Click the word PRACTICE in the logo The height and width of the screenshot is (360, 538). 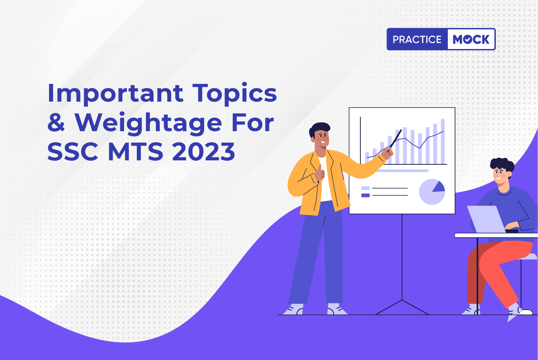pyautogui.click(x=417, y=39)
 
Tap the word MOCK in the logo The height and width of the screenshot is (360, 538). pyautogui.click(x=471, y=39)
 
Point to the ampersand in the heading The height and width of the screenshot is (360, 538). pyautogui.click(x=56, y=122)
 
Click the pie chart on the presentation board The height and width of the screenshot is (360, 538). pyautogui.click(x=432, y=192)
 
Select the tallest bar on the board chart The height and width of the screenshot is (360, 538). pyautogui.click(x=443, y=142)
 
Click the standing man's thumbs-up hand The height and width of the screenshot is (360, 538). pyautogui.click(x=319, y=173)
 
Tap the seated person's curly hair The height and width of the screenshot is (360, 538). pyautogui.click(x=502, y=165)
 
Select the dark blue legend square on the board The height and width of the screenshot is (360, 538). pyautogui.click(x=365, y=195)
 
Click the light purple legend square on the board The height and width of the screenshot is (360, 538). pyautogui.click(x=365, y=188)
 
